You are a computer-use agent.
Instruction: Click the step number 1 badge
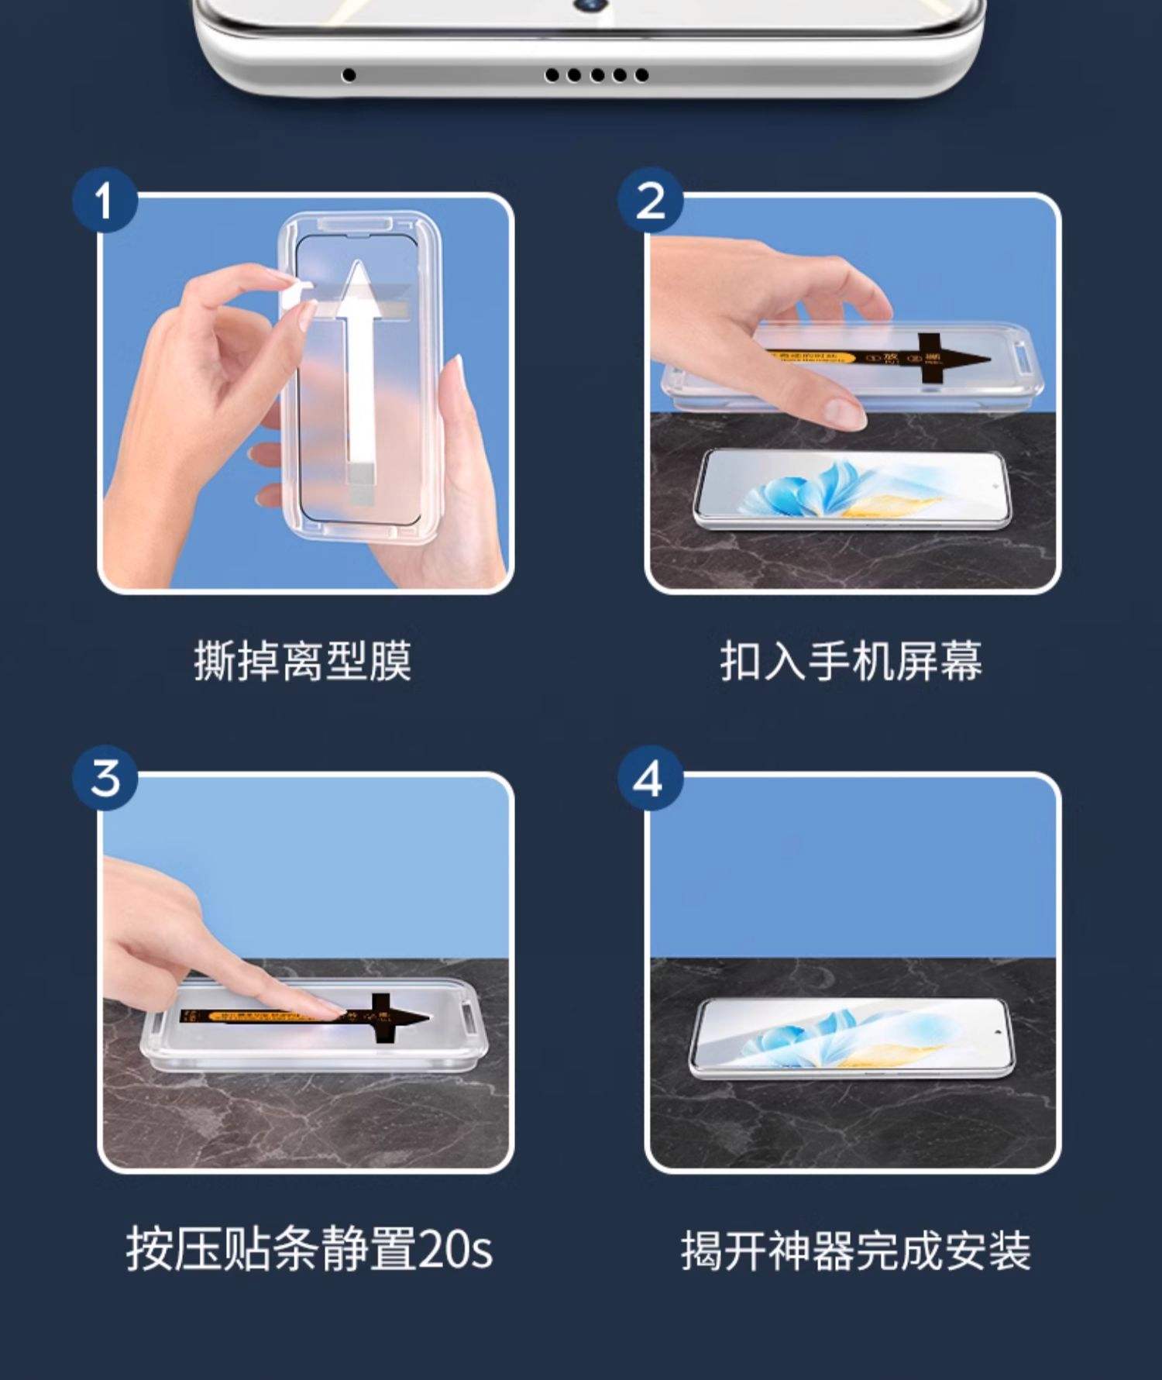[x=105, y=200]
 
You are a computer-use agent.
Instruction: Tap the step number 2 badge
[x=650, y=200]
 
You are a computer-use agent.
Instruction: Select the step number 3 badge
[x=105, y=777]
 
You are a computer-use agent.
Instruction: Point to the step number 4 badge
[x=650, y=777]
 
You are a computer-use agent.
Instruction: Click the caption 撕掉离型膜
[x=302, y=661]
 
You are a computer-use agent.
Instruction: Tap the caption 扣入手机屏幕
[x=851, y=661]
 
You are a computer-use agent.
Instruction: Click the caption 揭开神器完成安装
[x=855, y=1250]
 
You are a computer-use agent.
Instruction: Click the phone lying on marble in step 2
[x=852, y=488]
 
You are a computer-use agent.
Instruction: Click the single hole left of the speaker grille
[x=349, y=75]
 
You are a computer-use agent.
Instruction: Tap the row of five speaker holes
[x=596, y=75]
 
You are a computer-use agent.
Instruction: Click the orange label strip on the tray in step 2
[x=810, y=357]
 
